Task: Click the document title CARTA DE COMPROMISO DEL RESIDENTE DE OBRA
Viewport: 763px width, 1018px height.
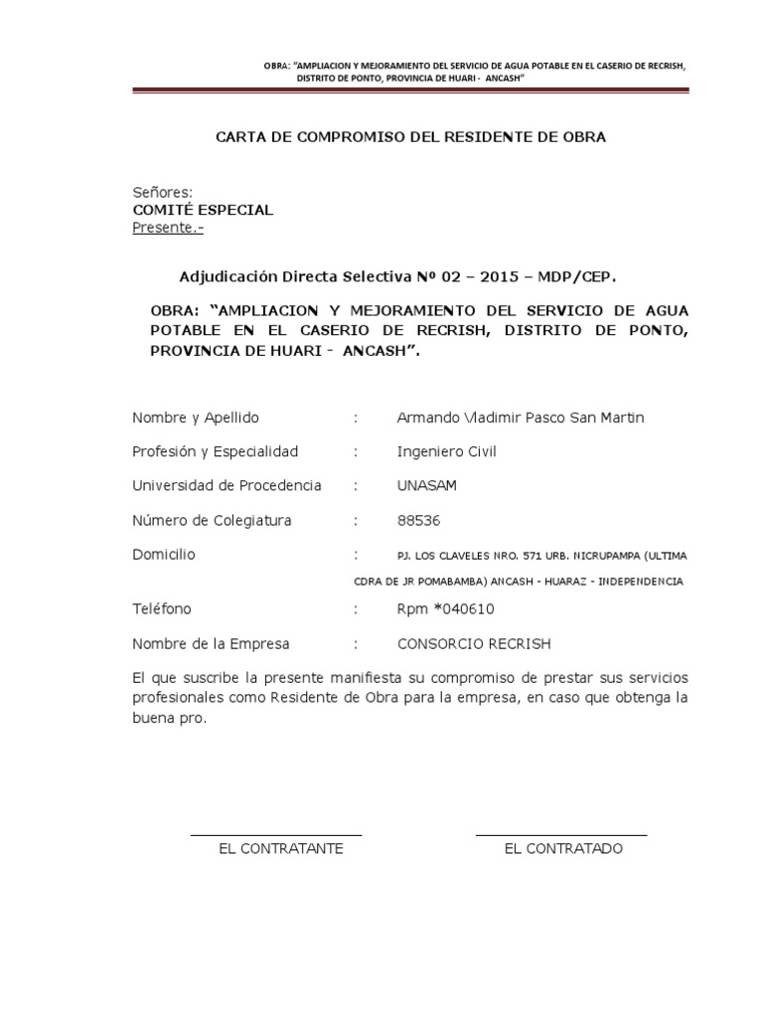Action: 410,137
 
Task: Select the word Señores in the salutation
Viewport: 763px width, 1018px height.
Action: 161,192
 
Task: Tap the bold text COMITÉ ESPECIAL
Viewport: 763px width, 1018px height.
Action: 203,210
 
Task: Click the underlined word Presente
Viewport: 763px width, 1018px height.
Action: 157,228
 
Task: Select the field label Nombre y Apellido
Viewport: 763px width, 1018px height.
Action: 195,418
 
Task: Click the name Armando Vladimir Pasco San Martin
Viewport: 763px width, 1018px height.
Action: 520,418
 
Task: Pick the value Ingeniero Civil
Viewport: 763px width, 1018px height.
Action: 446,451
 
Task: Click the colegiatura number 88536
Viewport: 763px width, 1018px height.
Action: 418,520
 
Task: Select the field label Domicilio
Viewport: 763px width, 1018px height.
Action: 163,554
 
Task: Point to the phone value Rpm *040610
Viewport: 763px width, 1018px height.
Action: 445,608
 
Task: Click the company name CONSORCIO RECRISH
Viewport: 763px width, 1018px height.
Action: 473,643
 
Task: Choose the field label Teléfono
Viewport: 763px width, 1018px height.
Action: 162,608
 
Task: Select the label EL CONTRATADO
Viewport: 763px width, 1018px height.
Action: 563,849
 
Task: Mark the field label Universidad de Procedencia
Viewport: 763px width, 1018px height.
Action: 227,485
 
